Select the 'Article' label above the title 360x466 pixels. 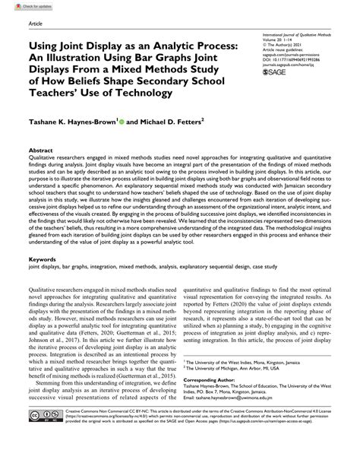36,24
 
